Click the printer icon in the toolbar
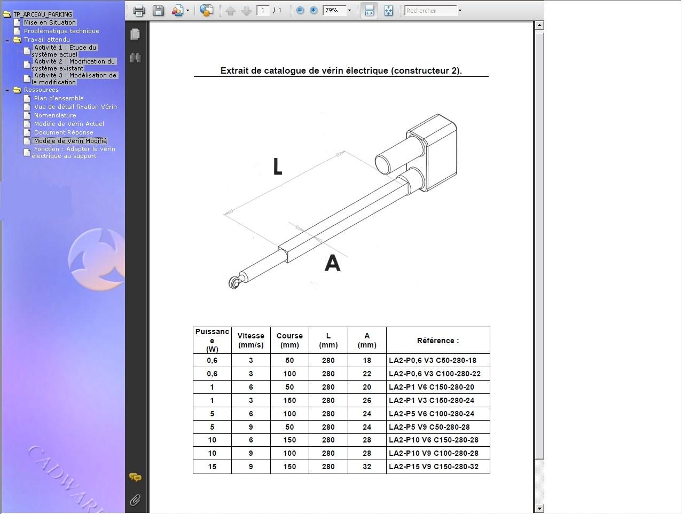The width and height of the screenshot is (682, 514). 139,11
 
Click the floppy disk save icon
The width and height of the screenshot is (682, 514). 158,11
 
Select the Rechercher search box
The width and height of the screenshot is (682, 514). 431,11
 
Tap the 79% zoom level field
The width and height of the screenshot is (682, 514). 334,11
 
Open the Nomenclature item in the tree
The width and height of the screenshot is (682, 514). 55,115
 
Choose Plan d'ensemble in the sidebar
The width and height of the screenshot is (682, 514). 59,98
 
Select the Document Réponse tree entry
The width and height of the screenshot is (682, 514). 64,132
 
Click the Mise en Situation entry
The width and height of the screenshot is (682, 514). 50,22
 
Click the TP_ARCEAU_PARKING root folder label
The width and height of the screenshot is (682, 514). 43,14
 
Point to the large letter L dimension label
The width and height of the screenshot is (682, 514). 278,167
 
